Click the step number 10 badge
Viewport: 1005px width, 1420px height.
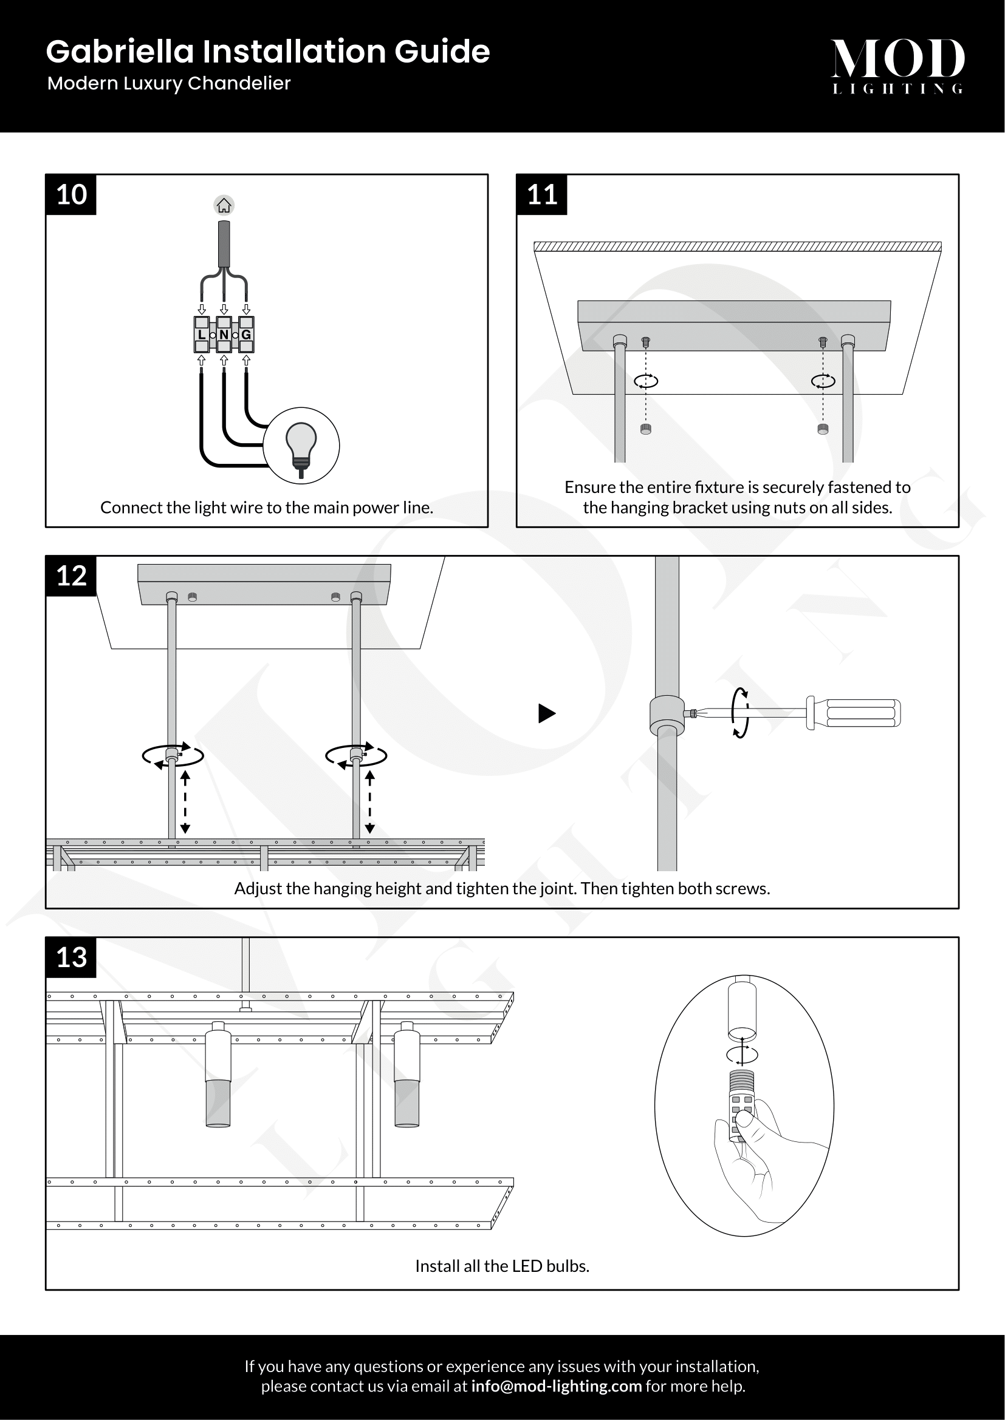pos(71,195)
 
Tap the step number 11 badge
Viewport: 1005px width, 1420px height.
pos(542,195)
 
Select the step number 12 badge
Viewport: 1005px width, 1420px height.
pos(71,576)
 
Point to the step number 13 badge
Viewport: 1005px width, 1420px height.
pos(71,957)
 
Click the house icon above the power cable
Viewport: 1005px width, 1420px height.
pos(224,205)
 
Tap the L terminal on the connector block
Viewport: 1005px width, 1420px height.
pos(202,335)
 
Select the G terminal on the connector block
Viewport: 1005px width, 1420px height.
pos(246,335)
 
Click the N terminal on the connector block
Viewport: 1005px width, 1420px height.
pos(224,335)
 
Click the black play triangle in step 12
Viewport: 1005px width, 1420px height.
pos(546,713)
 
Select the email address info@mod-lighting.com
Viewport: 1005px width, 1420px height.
pos(556,1386)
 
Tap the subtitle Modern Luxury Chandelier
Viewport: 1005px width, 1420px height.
pos(169,84)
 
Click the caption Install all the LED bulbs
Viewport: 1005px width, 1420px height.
pos(502,1266)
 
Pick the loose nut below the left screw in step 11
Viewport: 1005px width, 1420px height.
pos(645,429)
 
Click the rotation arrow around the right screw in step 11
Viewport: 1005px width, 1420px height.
pos(823,381)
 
